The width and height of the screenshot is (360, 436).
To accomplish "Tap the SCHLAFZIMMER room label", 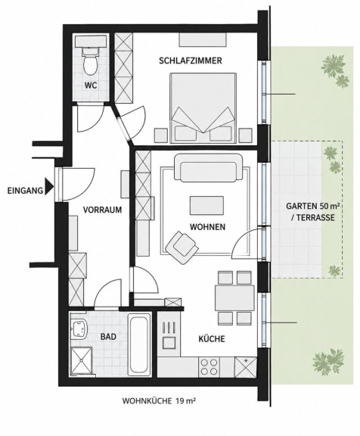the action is point(191,61).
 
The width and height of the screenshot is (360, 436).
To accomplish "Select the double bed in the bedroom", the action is point(203,108).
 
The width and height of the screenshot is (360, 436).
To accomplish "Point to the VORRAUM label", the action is point(102,210).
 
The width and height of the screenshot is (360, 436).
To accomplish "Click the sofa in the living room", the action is point(208,167).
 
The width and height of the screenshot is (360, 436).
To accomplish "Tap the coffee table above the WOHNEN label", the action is point(206,205).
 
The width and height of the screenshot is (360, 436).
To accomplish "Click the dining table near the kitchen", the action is point(234,297).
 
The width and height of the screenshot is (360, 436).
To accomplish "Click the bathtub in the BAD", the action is point(139,344).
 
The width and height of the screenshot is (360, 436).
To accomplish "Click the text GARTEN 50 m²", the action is point(313,206).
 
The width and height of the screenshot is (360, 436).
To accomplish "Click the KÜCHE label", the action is point(212,339).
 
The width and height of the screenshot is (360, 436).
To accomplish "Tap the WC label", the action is point(91,86).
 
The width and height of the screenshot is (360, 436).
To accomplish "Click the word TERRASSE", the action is point(315,218).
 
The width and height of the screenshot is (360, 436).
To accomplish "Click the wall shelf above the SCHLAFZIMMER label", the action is point(202,40).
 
